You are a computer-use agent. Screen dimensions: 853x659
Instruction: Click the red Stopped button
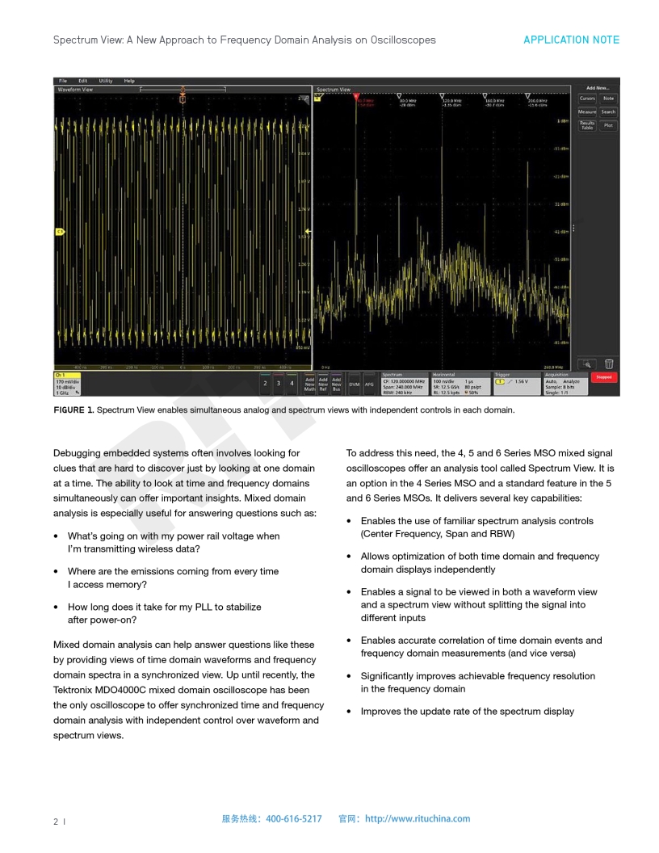pyautogui.click(x=603, y=377)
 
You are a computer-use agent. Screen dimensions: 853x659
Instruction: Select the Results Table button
pyautogui.click(x=587, y=125)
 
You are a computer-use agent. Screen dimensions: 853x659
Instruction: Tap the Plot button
pyautogui.click(x=608, y=125)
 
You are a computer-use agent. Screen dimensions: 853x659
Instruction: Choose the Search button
pyautogui.click(x=608, y=111)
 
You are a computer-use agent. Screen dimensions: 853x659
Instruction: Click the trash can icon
pyautogui.click(x=609, y=363)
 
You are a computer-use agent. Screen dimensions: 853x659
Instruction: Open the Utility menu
pyautogui.click(x=106, y=81)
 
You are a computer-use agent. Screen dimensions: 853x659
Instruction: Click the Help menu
pyautogui.click(x=129, y=81)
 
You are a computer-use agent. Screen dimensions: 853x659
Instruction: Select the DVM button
pyautogui.click(x=354, y=384)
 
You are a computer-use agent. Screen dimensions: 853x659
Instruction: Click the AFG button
pyautogui.click(x=369, y=384)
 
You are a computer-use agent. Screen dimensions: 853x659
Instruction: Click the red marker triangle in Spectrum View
pyautogui.click(x=356, y=95)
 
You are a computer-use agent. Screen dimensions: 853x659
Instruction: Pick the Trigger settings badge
pyautogui.click(x=516, y=383)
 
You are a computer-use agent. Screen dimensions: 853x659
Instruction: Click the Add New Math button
pyautogui.click(x=309, y=384)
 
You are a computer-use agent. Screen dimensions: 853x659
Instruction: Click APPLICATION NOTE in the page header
pyautogui.click(x=571, y=40)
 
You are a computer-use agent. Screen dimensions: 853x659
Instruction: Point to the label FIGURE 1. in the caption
pyautogui.click(x=73, y=410)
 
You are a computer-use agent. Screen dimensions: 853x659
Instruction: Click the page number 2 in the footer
pyautogui.click(x=56, y=821)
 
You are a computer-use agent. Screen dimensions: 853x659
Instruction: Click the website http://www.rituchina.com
pyautogui.click(x=418, y=818)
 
